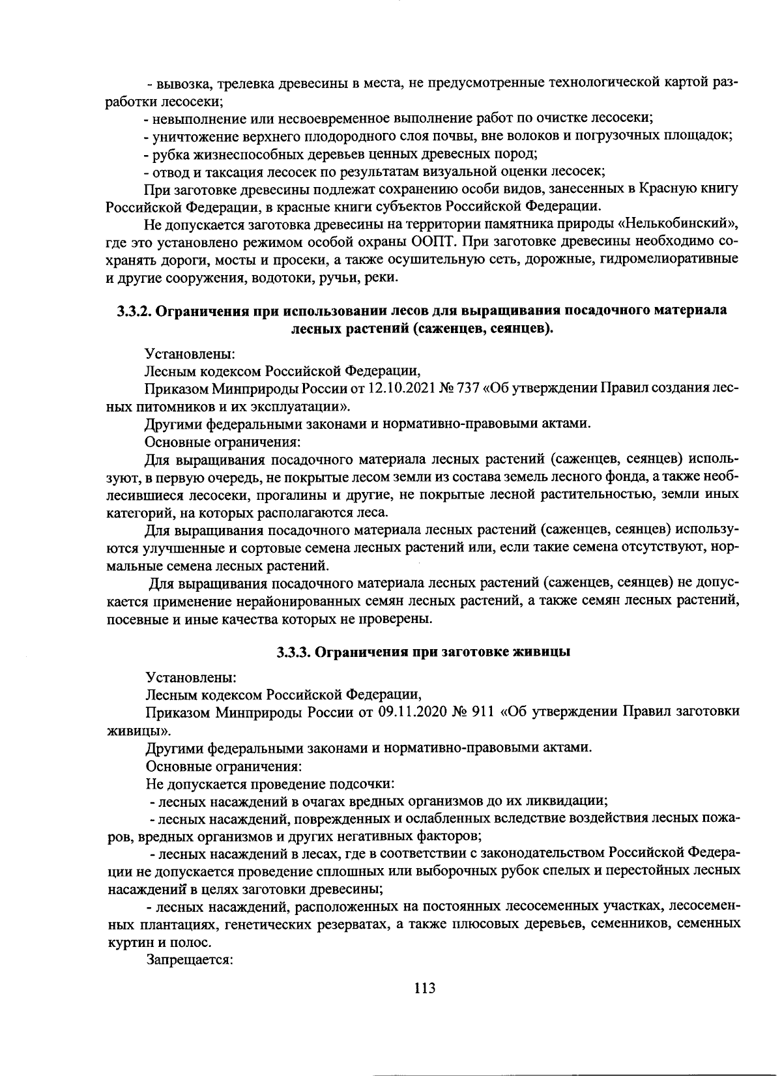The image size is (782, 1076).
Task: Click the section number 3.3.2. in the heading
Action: click(134, 311)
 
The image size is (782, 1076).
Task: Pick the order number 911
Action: click(483, 711)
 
